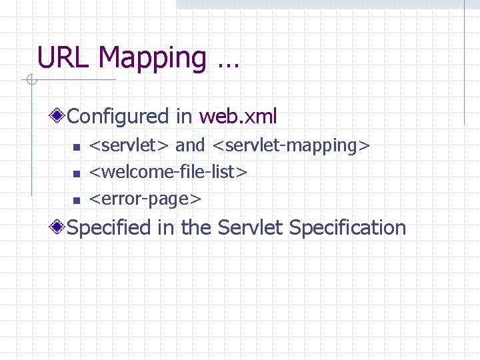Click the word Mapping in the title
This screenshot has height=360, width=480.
point(153,59)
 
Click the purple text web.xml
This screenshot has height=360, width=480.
point(238,117)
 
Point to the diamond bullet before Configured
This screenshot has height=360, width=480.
point(59,117)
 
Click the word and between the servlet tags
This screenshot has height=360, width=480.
point(190,145)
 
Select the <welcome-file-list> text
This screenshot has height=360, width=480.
point(169,172)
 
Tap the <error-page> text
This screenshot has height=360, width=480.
point(145,199)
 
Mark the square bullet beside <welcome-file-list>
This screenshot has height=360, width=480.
point(76,173)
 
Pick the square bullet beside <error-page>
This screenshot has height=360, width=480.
point(76,200)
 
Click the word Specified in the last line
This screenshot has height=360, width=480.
point(109,228)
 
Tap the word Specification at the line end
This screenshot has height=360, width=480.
point(348,228)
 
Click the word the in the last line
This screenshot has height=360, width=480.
point(196,228)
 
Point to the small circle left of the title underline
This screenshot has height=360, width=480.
point(30,81)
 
